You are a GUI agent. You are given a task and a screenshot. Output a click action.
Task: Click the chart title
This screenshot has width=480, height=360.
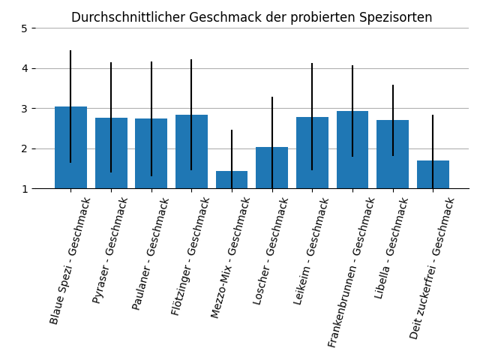251,17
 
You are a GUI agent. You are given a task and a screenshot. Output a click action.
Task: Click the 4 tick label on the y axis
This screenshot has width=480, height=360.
24,68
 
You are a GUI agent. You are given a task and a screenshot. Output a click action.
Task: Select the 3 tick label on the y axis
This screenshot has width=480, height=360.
24,109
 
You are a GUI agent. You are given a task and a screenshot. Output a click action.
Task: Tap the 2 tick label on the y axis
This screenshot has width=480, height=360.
24,148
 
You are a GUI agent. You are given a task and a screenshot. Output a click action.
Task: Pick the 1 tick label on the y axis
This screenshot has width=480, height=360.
24,189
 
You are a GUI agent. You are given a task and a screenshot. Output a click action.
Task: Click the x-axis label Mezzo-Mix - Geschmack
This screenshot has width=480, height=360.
230,257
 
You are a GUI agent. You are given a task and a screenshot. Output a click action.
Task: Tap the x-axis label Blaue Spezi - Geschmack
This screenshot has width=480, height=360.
70,260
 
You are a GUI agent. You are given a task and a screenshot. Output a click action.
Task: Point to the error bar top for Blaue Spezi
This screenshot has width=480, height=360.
70,51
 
